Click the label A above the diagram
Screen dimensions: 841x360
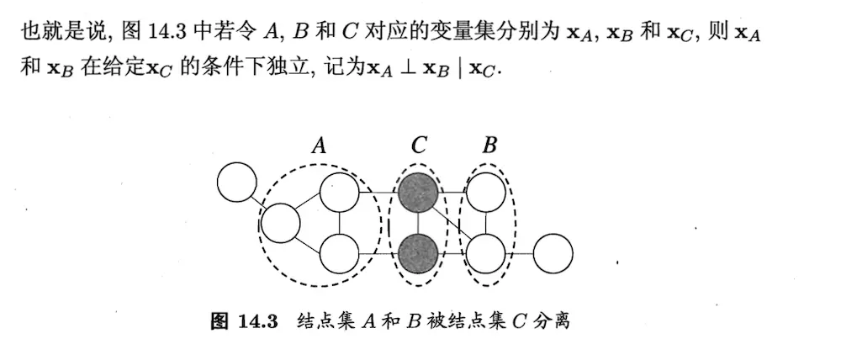[x=319, y=145]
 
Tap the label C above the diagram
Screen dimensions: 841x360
[x=419, y=145]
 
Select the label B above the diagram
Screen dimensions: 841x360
[x=489, y=145]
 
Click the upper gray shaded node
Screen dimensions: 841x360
[x=418, y=193]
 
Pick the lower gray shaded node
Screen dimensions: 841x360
[x=418, y=251]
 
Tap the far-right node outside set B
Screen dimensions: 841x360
[x=553, y=251]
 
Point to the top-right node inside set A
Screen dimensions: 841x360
[x=339, y=193]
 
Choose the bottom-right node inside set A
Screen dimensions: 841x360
[x=339, y=251]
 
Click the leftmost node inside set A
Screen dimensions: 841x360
[x=281, y=223]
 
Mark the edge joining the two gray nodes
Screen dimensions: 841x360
[x=418, y=223]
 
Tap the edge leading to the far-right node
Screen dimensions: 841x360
[x=521, y=251]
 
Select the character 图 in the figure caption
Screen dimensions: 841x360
[x=220, y=321]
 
